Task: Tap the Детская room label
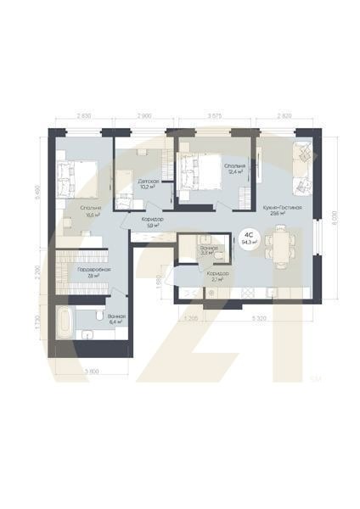click(147, 183)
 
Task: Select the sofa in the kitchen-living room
click(303, 167)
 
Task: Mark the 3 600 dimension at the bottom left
click(93, 371)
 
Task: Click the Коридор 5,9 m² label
click(153, 222)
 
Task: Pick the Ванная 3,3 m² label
click(207, 249)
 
